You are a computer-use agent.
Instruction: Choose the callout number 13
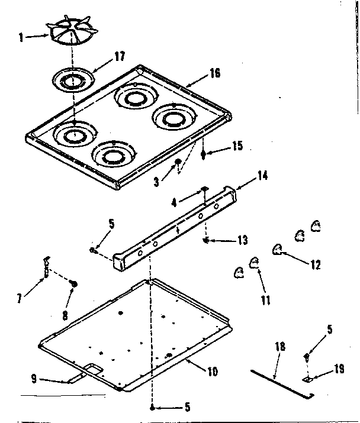243,240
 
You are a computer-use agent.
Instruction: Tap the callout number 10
212,372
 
